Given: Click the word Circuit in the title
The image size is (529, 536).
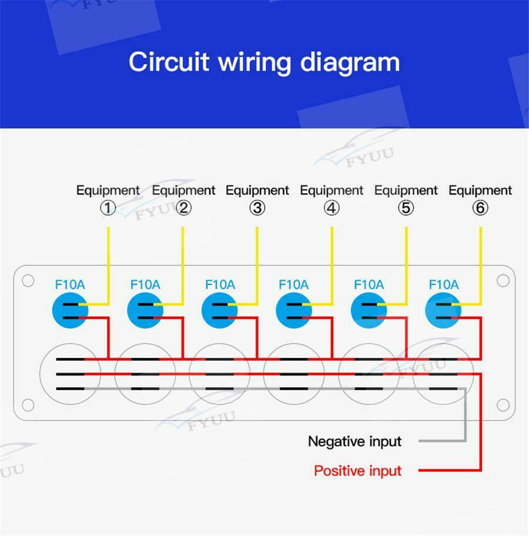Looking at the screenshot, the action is (169, 62).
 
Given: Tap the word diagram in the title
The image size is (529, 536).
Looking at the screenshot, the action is (350, 63).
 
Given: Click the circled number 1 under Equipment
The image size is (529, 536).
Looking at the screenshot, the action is (108, 208).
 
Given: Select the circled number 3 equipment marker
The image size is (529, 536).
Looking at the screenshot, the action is (257, 208).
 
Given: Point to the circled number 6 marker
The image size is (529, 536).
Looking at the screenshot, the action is (480, 208).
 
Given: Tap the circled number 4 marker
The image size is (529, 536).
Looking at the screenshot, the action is (332, 208).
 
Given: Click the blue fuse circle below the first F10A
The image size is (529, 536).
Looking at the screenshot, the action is (70, 310).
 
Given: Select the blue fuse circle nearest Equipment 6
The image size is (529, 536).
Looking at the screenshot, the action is (443, 310).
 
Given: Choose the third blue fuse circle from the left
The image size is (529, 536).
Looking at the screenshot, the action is (219, 310).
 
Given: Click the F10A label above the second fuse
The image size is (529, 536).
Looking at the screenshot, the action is (145, 284).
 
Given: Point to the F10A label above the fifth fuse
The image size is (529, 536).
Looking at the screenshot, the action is (369, 284).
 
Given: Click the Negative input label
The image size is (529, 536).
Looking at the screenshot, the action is (354, 441).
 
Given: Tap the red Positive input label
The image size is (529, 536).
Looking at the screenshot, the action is (358, 471).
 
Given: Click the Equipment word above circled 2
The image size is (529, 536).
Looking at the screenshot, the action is (183, 190).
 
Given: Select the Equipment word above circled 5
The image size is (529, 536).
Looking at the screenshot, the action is (406, 190).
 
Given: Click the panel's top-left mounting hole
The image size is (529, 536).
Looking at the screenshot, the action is (28, 281).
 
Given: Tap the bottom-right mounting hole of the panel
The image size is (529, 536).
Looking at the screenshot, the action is (503, 405).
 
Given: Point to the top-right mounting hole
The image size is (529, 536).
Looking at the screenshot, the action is (503, 281).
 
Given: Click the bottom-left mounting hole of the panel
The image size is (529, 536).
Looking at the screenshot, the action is (28, 405).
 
